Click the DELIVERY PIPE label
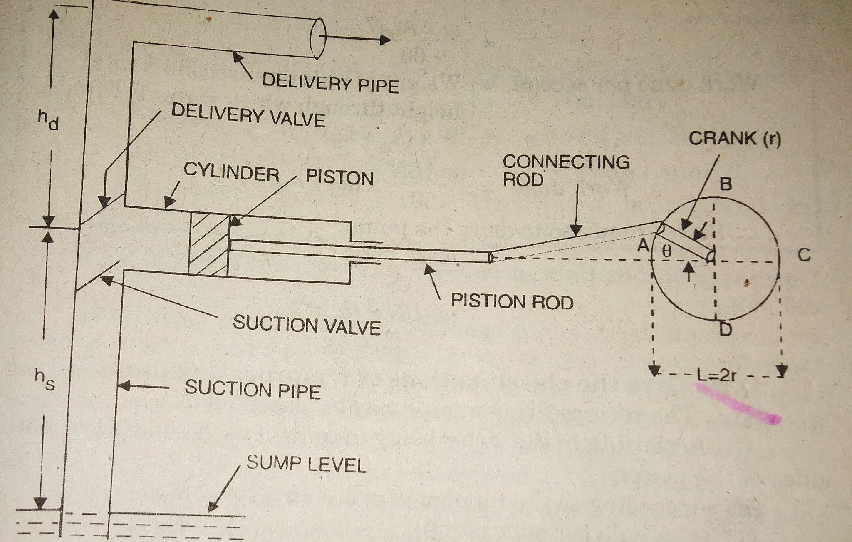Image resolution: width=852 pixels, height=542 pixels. [x=330, y=83]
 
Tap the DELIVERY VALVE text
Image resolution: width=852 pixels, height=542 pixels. [x=248, y=114]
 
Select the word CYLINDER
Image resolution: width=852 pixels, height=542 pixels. [x=231, y=172]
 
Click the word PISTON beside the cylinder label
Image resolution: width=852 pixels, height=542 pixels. [x=339, y=177]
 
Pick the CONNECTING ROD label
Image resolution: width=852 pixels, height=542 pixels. [x=566, y=170]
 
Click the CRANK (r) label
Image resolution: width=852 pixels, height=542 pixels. [x=735, y=139]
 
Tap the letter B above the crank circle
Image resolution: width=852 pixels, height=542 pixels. [x=726, y=183]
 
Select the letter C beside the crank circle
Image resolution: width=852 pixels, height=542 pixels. [x=804, y=255]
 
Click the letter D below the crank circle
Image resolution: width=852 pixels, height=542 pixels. [x=726, y=329]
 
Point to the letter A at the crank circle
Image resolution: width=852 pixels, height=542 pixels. [x=644, y=246]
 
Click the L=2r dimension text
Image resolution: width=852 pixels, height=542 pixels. [x=716, y=375]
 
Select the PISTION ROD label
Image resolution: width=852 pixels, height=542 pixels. [x=512, y=301]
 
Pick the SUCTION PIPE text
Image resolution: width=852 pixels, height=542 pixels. [x=253, y=389]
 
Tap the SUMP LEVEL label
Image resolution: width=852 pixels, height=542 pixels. [x=306, y=464]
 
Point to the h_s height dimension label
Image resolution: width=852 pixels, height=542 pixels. [x=45, y=380]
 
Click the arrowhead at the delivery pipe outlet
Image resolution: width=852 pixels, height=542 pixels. [x=384, y=40]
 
